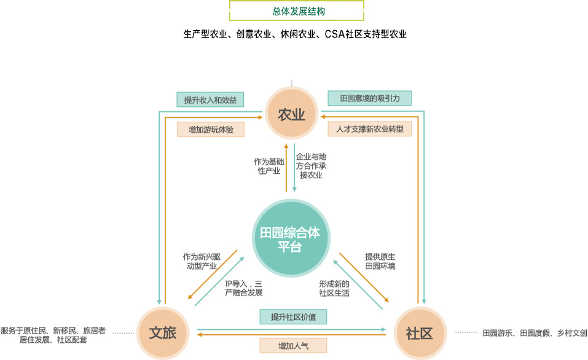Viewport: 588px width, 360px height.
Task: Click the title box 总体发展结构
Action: tap(297, 11)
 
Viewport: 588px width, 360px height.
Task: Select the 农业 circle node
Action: tap(292, 114)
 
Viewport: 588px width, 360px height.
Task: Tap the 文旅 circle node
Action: tap(163, 333)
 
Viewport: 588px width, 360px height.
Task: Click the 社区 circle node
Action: tap(420, 333)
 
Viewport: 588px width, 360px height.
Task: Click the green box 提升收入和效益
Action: tap(210, 99)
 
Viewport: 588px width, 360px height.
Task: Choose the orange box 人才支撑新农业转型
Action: tap(369, 130)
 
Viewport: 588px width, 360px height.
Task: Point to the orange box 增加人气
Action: tap(293, 346)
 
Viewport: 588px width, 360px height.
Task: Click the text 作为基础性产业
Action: tap(268, 166)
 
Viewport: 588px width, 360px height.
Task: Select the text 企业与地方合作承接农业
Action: tap(311, 166)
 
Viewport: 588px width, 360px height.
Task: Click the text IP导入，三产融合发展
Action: tap(243, 288)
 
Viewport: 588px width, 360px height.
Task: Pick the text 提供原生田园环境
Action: tap(380, 261)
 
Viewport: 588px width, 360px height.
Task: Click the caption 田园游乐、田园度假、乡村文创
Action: tap(535, 333)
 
